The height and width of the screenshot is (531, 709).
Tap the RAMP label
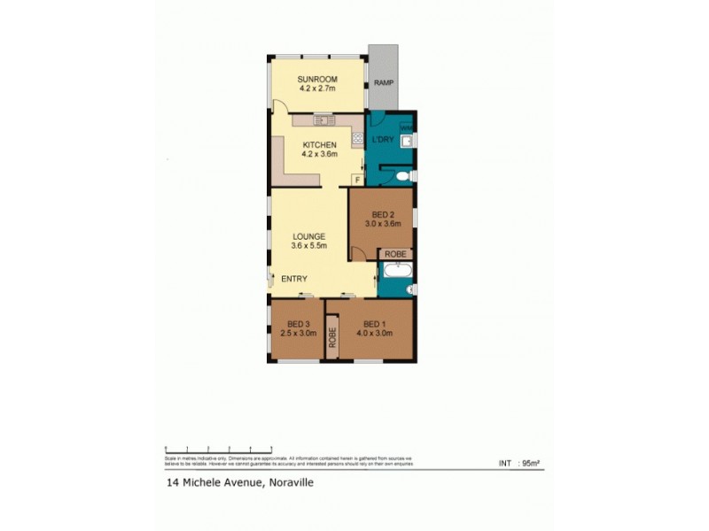click(x=383, y=82)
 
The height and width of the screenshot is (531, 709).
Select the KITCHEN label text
click(x=319, y=144)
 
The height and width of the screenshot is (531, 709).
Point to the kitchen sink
click(x=321, y=119)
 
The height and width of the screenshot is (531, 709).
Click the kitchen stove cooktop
click(x=357, y=138)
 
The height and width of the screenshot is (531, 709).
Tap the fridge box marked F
click(x=357, y=181)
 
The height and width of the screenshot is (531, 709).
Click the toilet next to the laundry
click(x=404, y=177)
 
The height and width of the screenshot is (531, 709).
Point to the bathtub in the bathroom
click(x=394, y=287)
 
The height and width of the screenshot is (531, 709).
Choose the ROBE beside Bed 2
click(x=395, y=254)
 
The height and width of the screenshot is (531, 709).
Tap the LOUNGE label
click(x=310, y=236)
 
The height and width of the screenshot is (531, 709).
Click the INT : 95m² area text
click(x=521, y=463)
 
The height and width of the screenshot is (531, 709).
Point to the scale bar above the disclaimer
click(x=218, y=449)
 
